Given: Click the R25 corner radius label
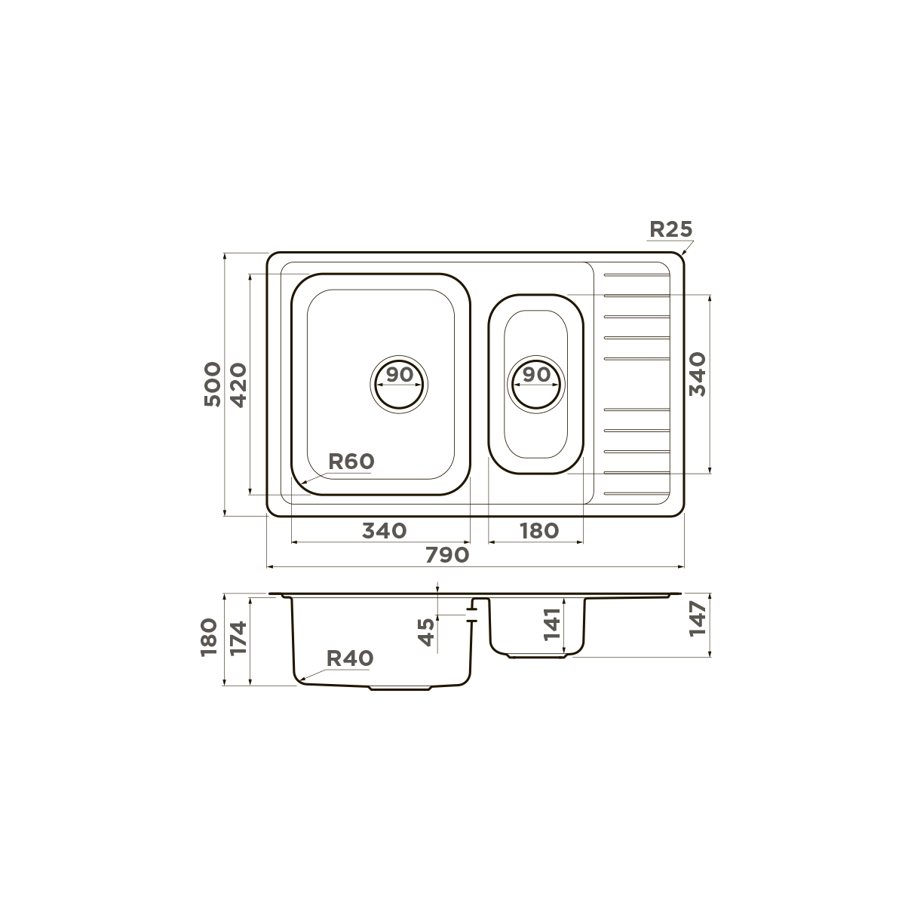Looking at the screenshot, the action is (x=670, y=229).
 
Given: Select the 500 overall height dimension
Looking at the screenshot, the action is (x=212, y=384).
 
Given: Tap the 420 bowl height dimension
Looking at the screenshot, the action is (x=238, y=385).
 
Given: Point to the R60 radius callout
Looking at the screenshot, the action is (x=351, y=462).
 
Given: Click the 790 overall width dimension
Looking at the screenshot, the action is (x=447, y=555).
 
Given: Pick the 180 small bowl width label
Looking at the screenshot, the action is (x=539, y=531).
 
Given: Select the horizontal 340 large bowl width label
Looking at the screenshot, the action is (x=384, y=531).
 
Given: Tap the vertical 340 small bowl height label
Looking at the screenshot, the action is (x=698, y=374).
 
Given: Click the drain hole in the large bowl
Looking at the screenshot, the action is (x=399, y=385).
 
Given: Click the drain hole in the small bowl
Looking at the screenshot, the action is (x=536, y=385).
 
